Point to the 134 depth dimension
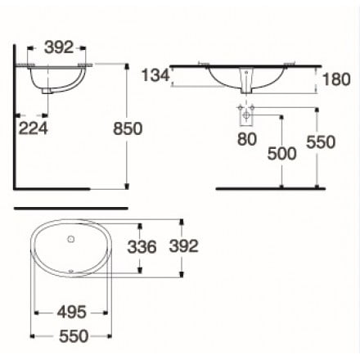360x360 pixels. point(155,76)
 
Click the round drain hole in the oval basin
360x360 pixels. point(72,241)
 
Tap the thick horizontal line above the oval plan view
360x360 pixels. point(71,208)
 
